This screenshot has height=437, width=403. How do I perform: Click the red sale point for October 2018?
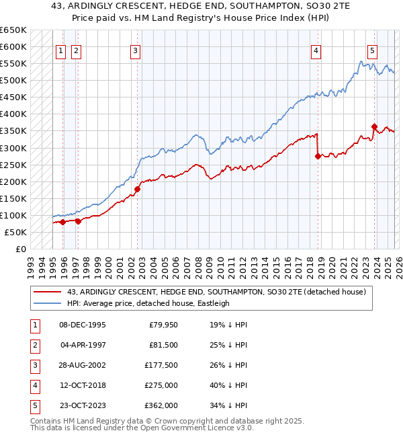[x=317, y=156]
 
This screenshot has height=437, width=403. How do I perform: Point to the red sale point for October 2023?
[x=373, y=126]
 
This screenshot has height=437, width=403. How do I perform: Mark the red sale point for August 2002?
[x=137, y=189]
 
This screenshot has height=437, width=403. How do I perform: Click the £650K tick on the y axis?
[x=13, y=30]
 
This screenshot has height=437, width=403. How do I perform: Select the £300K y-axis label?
[x=13, y=148]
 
